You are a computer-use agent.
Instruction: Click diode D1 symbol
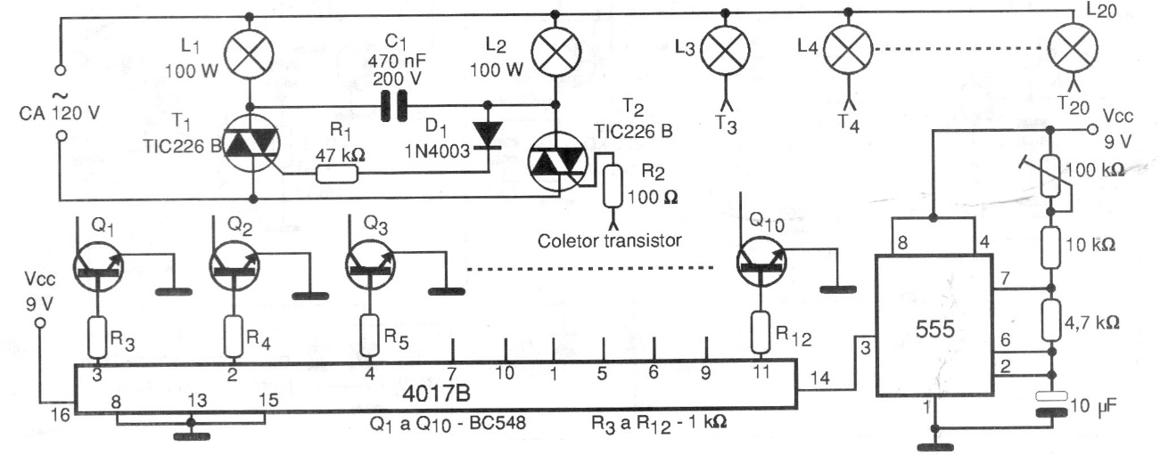488,132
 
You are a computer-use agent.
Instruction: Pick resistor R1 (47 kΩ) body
340,174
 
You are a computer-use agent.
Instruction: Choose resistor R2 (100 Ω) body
613,183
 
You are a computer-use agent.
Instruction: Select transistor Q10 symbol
764,264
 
